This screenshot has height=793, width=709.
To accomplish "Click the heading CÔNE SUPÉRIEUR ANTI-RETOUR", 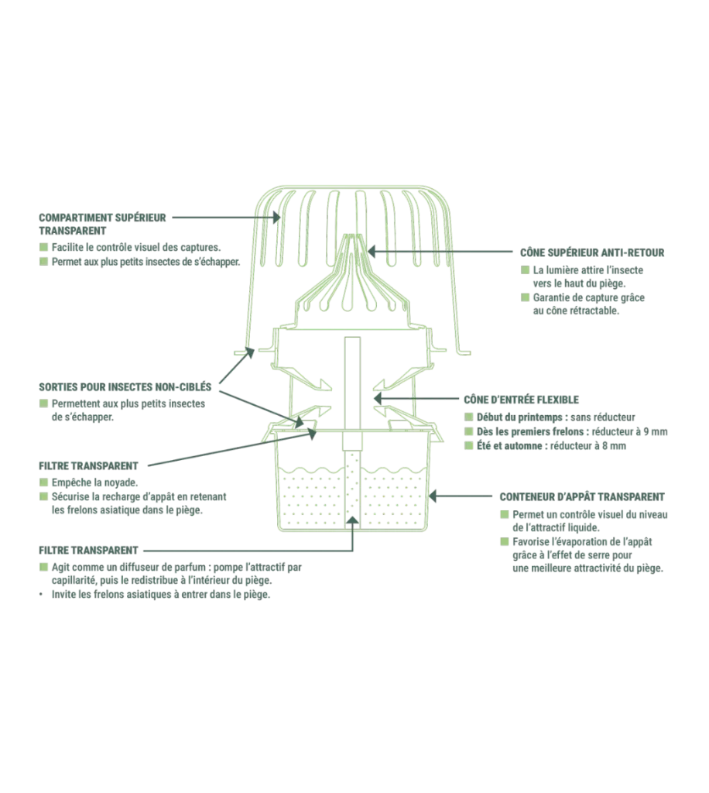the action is [x=592, y=252].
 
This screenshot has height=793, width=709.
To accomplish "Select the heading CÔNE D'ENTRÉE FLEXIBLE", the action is [x=521, y=400].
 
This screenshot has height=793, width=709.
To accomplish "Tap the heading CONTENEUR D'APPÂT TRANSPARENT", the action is [x=581, y=496].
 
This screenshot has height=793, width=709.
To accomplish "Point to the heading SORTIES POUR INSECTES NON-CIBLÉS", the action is [x=125, y=387].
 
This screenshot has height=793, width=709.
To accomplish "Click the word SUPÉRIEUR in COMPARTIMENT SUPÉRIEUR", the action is [x=141, y=218].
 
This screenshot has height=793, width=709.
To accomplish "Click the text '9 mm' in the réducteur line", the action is [x=656, y=432].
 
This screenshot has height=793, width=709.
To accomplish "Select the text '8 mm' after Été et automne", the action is [x=614, y=446].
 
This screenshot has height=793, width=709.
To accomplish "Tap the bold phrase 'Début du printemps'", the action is [x=519, y=417].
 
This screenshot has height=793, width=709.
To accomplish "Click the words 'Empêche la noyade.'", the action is [x=94, y=482].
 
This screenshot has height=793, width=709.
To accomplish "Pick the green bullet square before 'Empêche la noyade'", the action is [x=43, y=482].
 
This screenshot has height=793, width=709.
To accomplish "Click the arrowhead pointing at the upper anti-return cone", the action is [x=372, y=251].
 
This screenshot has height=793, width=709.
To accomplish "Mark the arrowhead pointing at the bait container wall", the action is [x=433, y=496].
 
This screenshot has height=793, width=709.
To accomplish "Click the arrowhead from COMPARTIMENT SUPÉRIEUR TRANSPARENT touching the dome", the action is [x=276, y=218].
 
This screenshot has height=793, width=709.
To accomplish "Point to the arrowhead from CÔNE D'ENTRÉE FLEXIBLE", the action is [x=378, y=399].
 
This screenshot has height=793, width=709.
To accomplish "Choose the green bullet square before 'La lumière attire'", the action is [x=525, y=270].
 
